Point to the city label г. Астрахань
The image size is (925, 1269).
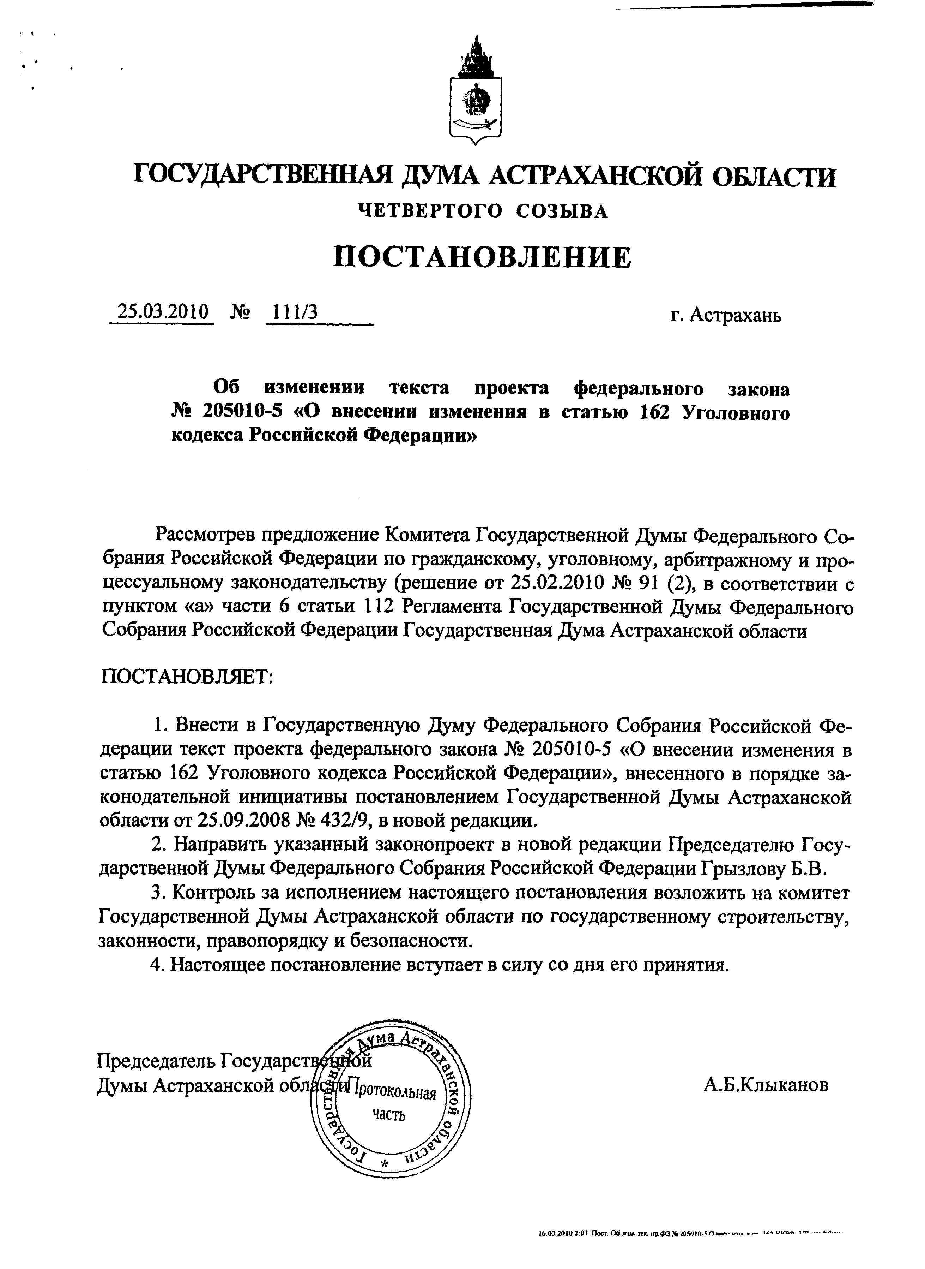[726, 315]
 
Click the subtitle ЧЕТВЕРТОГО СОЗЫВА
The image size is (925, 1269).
[483, 211]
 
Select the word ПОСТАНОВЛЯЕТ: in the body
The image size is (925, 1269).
[187, 677]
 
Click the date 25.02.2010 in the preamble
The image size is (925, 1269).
[557, 583]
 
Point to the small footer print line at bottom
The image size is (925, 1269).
[689, 1233]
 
